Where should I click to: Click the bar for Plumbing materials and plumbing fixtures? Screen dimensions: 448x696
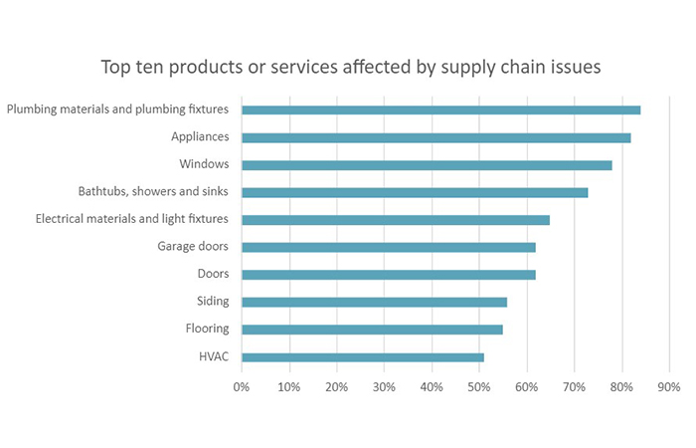tap(440, 110)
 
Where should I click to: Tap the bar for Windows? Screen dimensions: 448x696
tap(427, 164)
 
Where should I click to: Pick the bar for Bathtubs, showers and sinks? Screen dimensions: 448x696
tap(415, 192)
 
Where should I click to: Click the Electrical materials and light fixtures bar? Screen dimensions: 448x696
tap(395, 219)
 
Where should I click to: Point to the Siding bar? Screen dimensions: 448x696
tap(374, 302)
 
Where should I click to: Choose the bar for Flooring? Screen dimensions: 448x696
tap(372, 329)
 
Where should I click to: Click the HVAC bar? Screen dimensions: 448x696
tap(362, 356)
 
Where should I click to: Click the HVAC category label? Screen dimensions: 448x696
tap(214, 356)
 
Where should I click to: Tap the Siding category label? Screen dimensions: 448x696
tap(213, 302)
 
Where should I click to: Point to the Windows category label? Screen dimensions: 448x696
tap(204, 163)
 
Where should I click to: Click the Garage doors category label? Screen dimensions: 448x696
tap(193, 246)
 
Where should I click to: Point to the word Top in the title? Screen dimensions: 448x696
tap(115, 69)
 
